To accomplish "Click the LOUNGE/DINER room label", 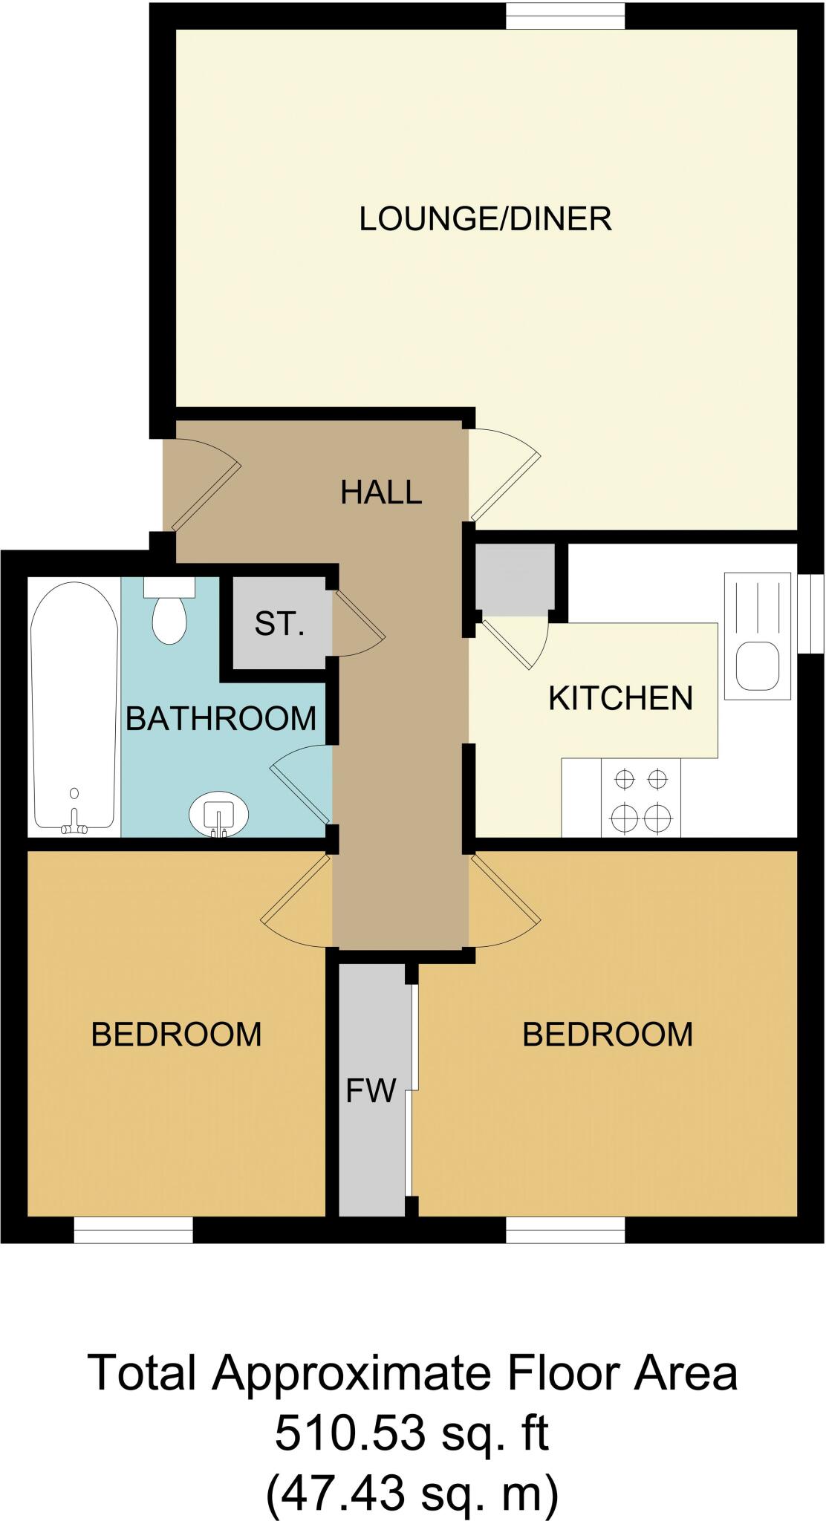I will point(485,219).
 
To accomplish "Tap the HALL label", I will point(381,492).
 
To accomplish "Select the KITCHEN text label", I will point(620,698).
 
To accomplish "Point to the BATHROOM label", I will point(221,718).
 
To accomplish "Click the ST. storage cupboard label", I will point(279,624).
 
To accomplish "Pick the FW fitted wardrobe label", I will point(371,1091).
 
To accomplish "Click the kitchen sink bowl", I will point(757,665).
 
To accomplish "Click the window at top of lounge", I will point(565,15).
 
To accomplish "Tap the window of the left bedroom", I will point(133,1231).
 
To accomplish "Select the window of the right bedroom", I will point(565,1231).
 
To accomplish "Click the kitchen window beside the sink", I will point(812,613).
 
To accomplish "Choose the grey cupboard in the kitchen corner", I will point(515,579).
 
